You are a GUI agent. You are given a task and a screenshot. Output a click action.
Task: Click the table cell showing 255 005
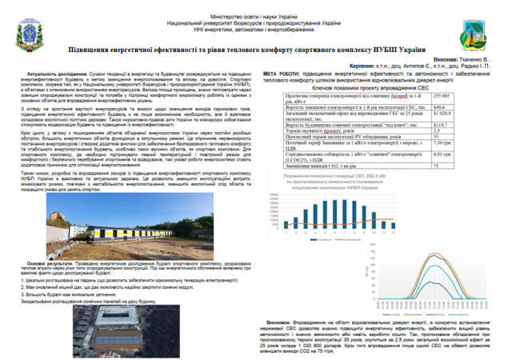462,95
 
